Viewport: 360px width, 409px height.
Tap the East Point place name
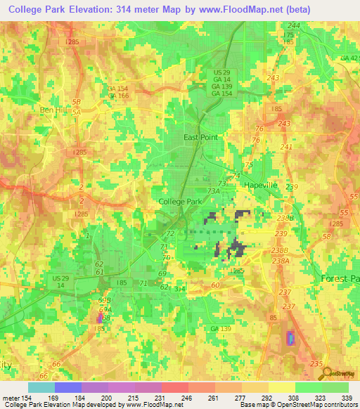pyautogui.click(x=201, y=138)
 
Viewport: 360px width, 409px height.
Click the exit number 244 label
pyautogui.click(x=294, y=25)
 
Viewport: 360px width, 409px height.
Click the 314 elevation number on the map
pyautogui.click(x=180, y=289)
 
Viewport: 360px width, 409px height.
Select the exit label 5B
pyautogui.click(x=77, y=102)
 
